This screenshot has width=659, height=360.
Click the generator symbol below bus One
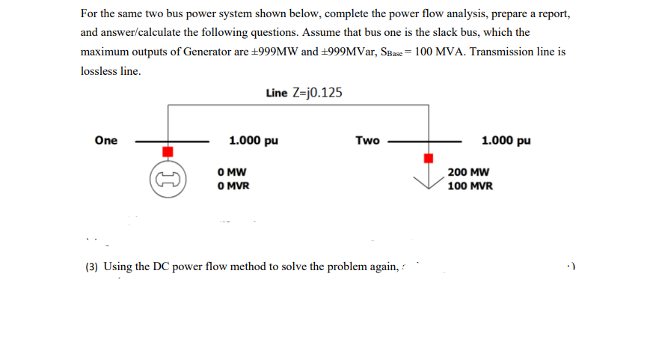pos(168,178)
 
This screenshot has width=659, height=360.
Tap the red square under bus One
pos(168,151)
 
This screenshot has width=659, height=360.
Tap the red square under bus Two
pos(429,158)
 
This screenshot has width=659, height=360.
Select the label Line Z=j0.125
pos(304,93)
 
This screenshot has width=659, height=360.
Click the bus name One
pos(106,140)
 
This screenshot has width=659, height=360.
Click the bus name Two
pos(367,140)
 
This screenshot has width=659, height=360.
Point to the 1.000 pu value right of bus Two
pos(506,140)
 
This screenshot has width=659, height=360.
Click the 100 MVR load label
pos(471,185)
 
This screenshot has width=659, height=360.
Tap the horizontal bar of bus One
pos(172,140)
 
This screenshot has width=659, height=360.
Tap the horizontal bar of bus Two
pos(424,140)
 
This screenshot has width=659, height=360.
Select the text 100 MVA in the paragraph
pos(442,52)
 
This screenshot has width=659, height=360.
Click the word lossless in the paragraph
pos(99,72)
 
